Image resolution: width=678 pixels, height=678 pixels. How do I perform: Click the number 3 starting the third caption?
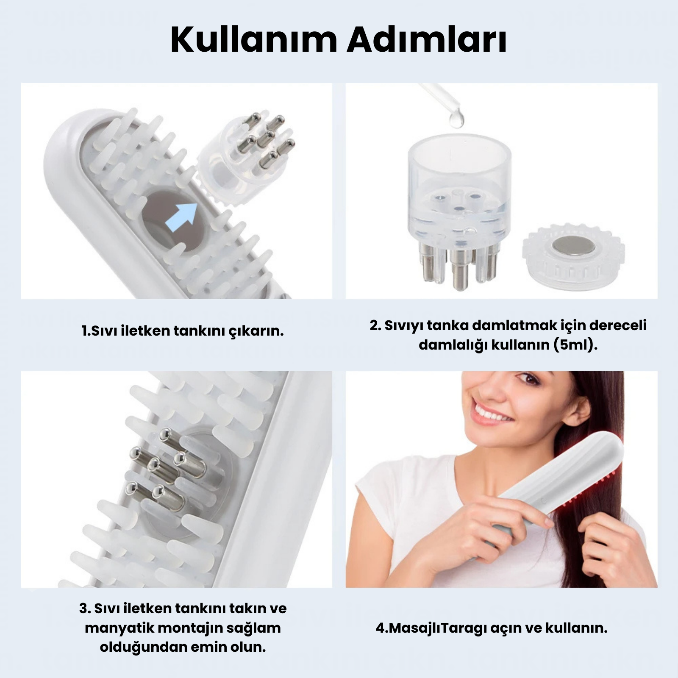tap(83, 609)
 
